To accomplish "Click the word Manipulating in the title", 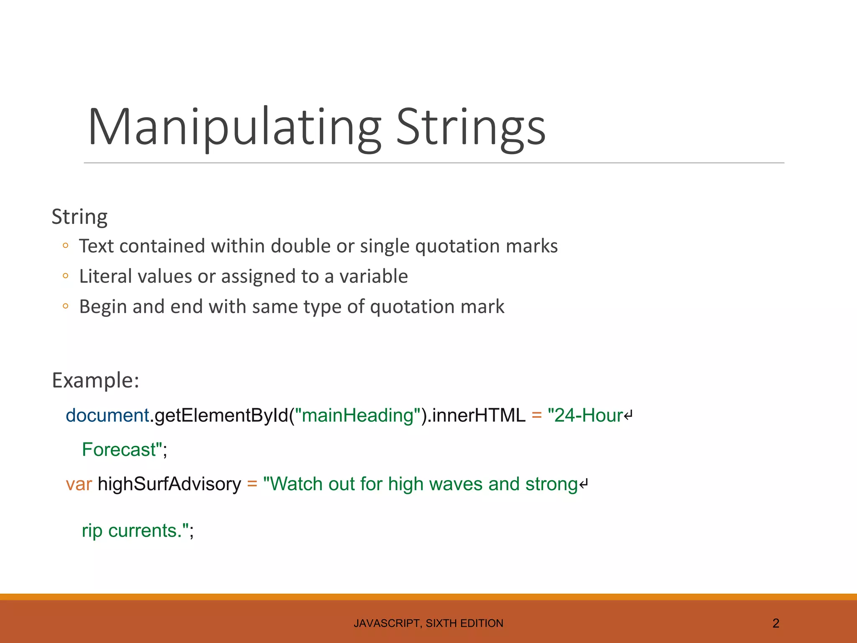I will (x=234, y=127).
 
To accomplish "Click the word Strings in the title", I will (x=471, y=127).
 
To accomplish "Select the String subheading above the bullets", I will (x=80, y=217).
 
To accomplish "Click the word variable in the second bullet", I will (x=373, y=276).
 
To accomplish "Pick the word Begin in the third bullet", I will (x=103, y=307).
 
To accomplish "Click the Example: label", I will (x=95, y=380).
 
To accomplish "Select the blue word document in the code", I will (x=107, y=415).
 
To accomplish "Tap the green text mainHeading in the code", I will (x=358, y=415).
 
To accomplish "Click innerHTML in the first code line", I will (x=479, y=415).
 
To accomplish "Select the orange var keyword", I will (x=79, y=484).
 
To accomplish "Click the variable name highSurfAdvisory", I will (x=169, y=484).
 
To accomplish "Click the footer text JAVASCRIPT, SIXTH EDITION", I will (x=428, y=623).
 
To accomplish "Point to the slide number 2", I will (x=776, y=623).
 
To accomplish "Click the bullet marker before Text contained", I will (x=65, y=246).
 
